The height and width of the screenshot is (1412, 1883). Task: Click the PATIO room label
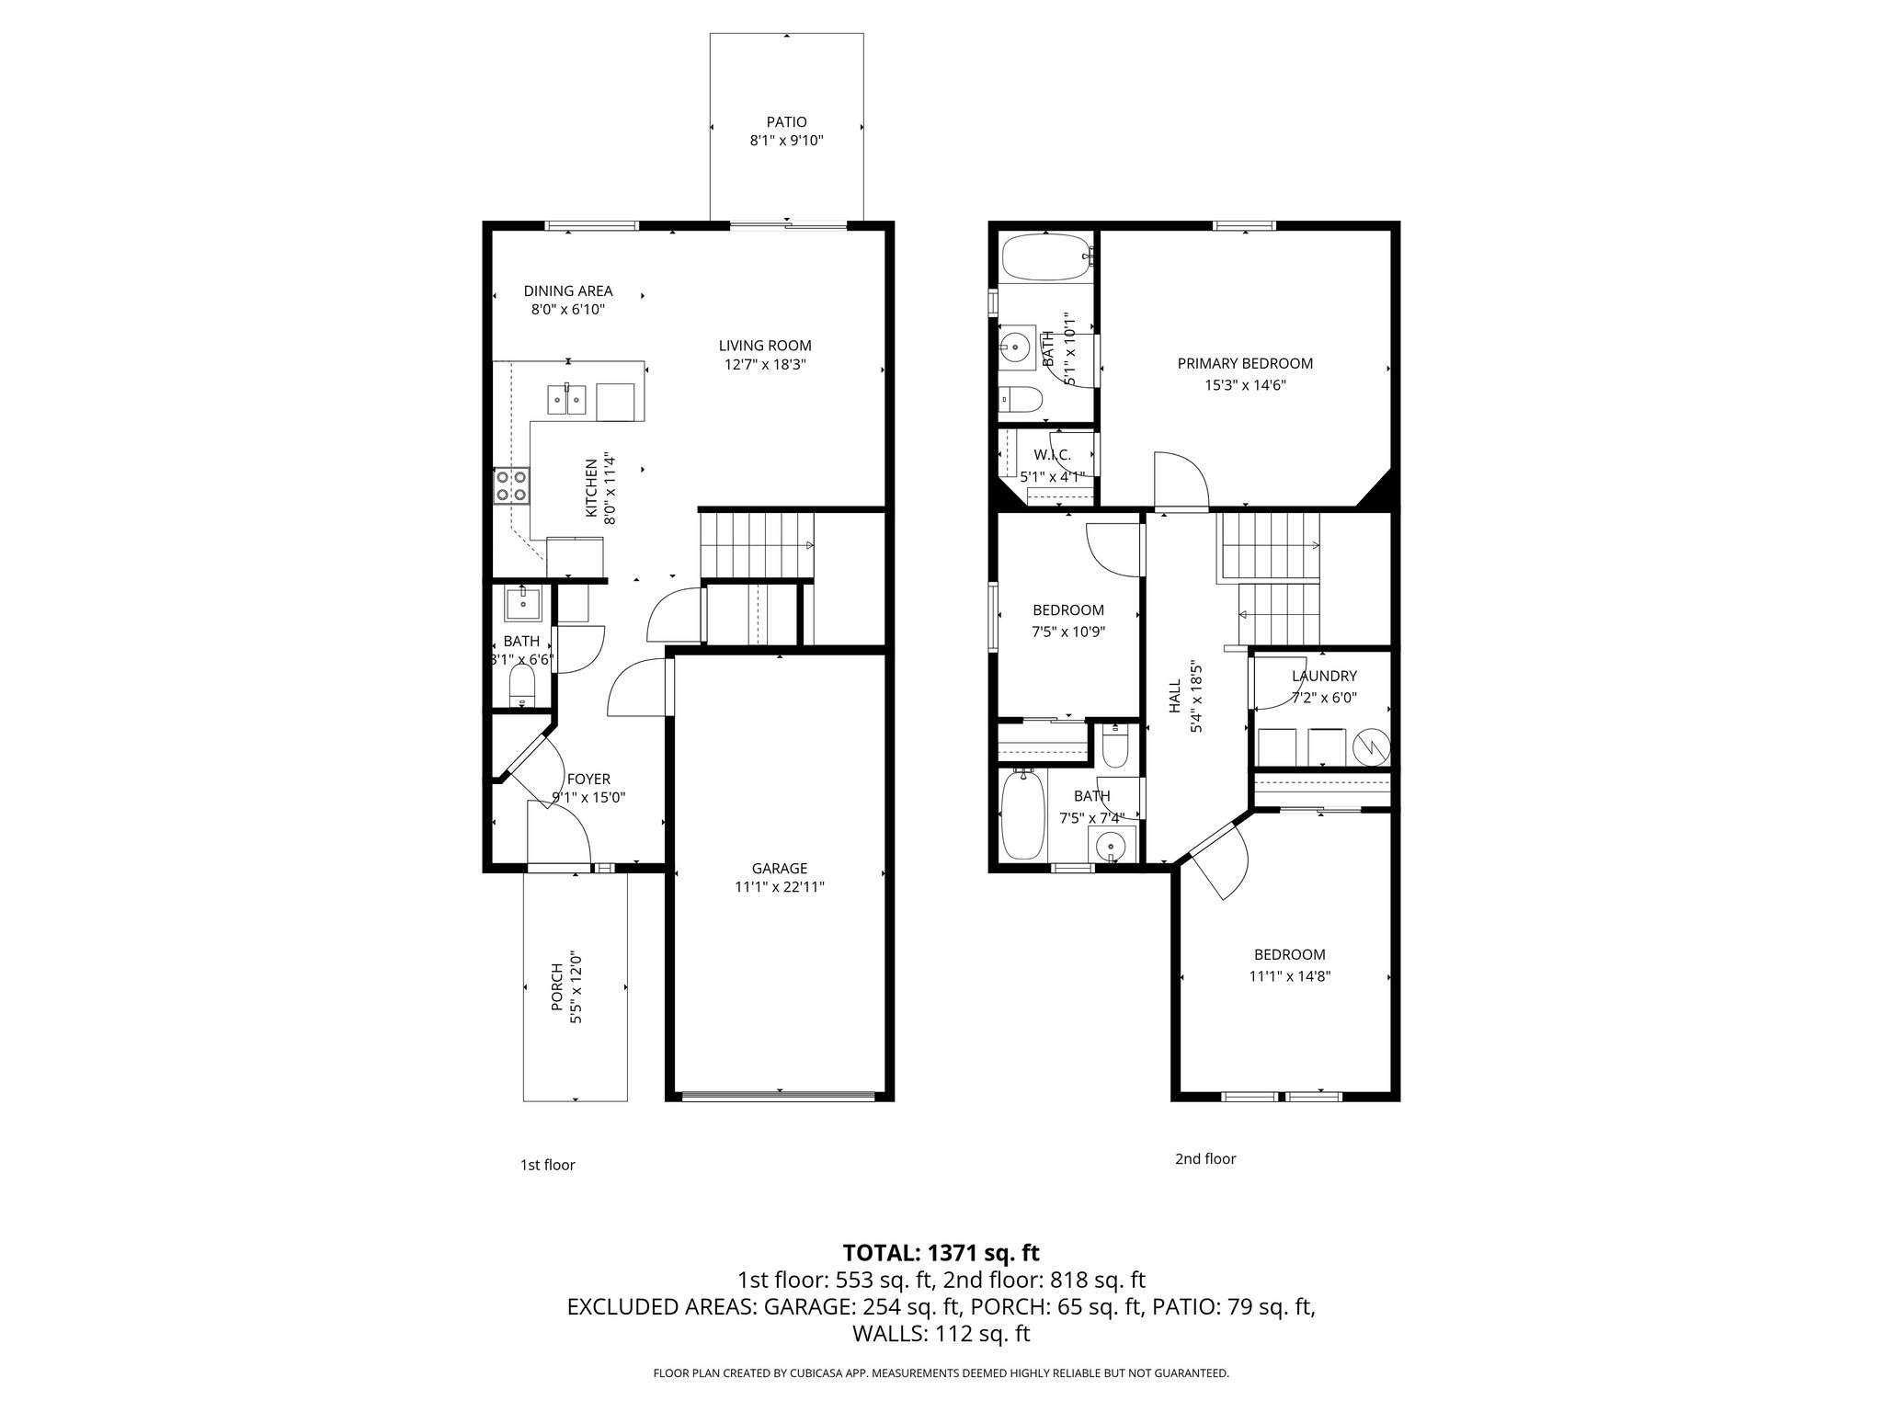coord(786,121)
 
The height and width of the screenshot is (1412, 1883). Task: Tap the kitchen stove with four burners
coord(512,485)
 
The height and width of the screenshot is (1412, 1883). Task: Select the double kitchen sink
coord(566,400)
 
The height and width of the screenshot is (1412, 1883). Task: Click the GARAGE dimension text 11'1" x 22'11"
coord(780,887)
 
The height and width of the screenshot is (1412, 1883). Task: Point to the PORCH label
coord(556,987)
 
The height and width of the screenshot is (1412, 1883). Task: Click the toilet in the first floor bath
coord(522,685)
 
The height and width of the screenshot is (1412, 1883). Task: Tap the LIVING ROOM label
coord(765,346)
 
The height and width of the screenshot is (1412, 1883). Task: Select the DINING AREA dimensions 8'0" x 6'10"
coord(567,310)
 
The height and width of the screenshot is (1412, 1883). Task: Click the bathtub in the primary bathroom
coord(1045,257)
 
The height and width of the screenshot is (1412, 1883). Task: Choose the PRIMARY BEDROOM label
coord(1245,363)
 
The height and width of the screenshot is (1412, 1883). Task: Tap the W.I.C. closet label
coord(1052,455)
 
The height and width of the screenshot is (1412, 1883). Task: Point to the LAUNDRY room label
coord(1324,676)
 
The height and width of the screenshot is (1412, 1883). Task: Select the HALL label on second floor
coord(1174,697)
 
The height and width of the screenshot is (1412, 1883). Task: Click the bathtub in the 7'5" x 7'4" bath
coord(1022,814)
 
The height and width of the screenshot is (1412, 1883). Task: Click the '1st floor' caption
coord(547,1165)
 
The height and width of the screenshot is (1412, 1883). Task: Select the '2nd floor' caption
coord(1204,1158)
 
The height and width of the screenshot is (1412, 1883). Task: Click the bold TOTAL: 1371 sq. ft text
coord(941,1252)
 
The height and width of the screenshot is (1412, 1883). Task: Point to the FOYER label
coord(588,779)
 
